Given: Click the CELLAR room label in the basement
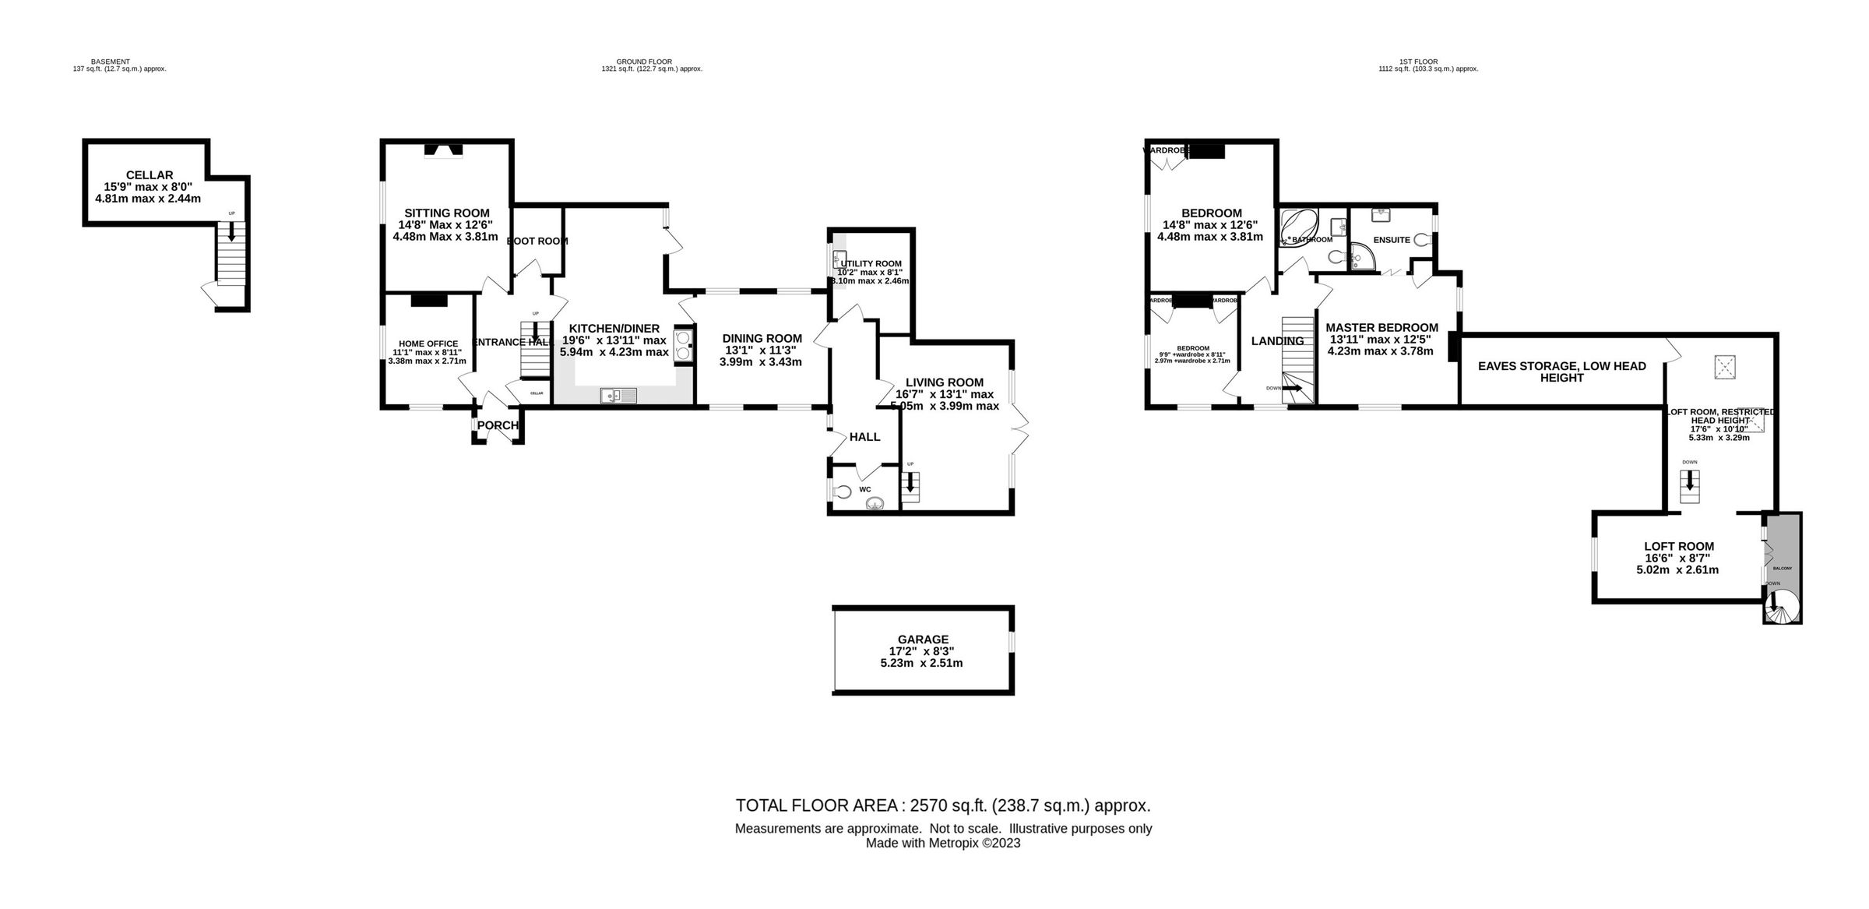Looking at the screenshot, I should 149,175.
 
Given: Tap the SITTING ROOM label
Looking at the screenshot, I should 446,213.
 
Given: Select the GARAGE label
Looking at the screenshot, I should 923,639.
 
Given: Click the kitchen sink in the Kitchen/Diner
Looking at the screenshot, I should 618,396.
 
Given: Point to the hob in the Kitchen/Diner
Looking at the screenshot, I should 683,345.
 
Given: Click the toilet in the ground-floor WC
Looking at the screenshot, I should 842,492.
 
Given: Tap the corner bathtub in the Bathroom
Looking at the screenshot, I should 1297,227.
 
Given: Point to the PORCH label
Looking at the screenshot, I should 498,425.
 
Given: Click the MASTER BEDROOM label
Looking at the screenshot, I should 1382,328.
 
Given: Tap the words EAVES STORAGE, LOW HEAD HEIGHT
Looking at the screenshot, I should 1561,372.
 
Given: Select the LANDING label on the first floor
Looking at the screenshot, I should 1277,341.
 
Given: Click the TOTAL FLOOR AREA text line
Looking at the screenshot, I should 943,805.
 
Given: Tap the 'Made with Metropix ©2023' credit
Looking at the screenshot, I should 943,843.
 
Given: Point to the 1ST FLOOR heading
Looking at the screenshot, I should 1418,62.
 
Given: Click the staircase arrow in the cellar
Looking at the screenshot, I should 231,231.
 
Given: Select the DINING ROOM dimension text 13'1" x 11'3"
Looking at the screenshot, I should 762,350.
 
